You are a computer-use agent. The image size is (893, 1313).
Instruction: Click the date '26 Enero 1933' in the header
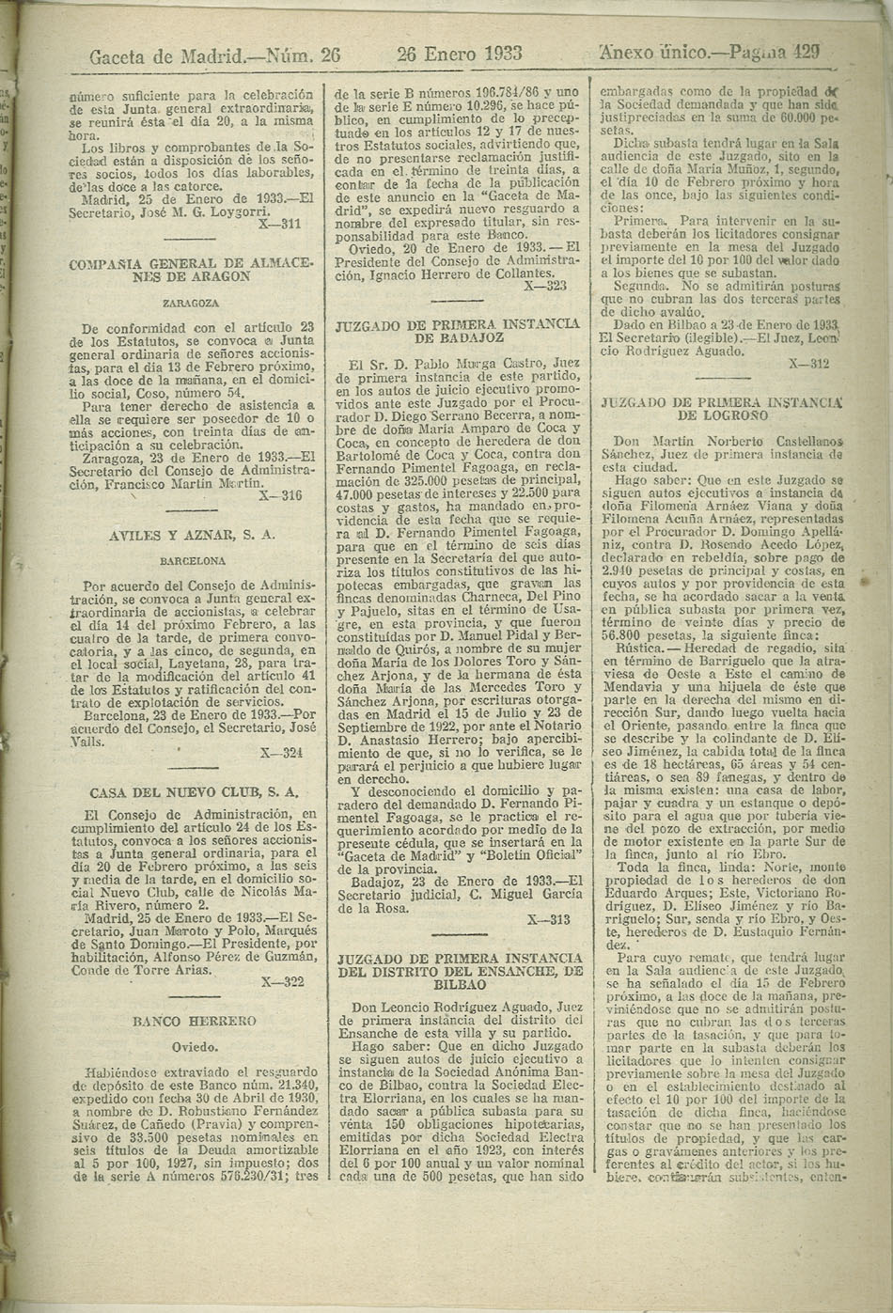(460, 54)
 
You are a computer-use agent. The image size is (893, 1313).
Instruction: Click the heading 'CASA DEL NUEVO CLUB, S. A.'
(194, 791)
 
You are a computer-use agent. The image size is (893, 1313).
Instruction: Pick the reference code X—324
(280, 752)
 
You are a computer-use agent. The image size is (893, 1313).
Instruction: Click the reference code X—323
(544, 284)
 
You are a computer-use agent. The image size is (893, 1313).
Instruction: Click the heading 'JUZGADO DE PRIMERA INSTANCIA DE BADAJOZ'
(458, 329)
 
